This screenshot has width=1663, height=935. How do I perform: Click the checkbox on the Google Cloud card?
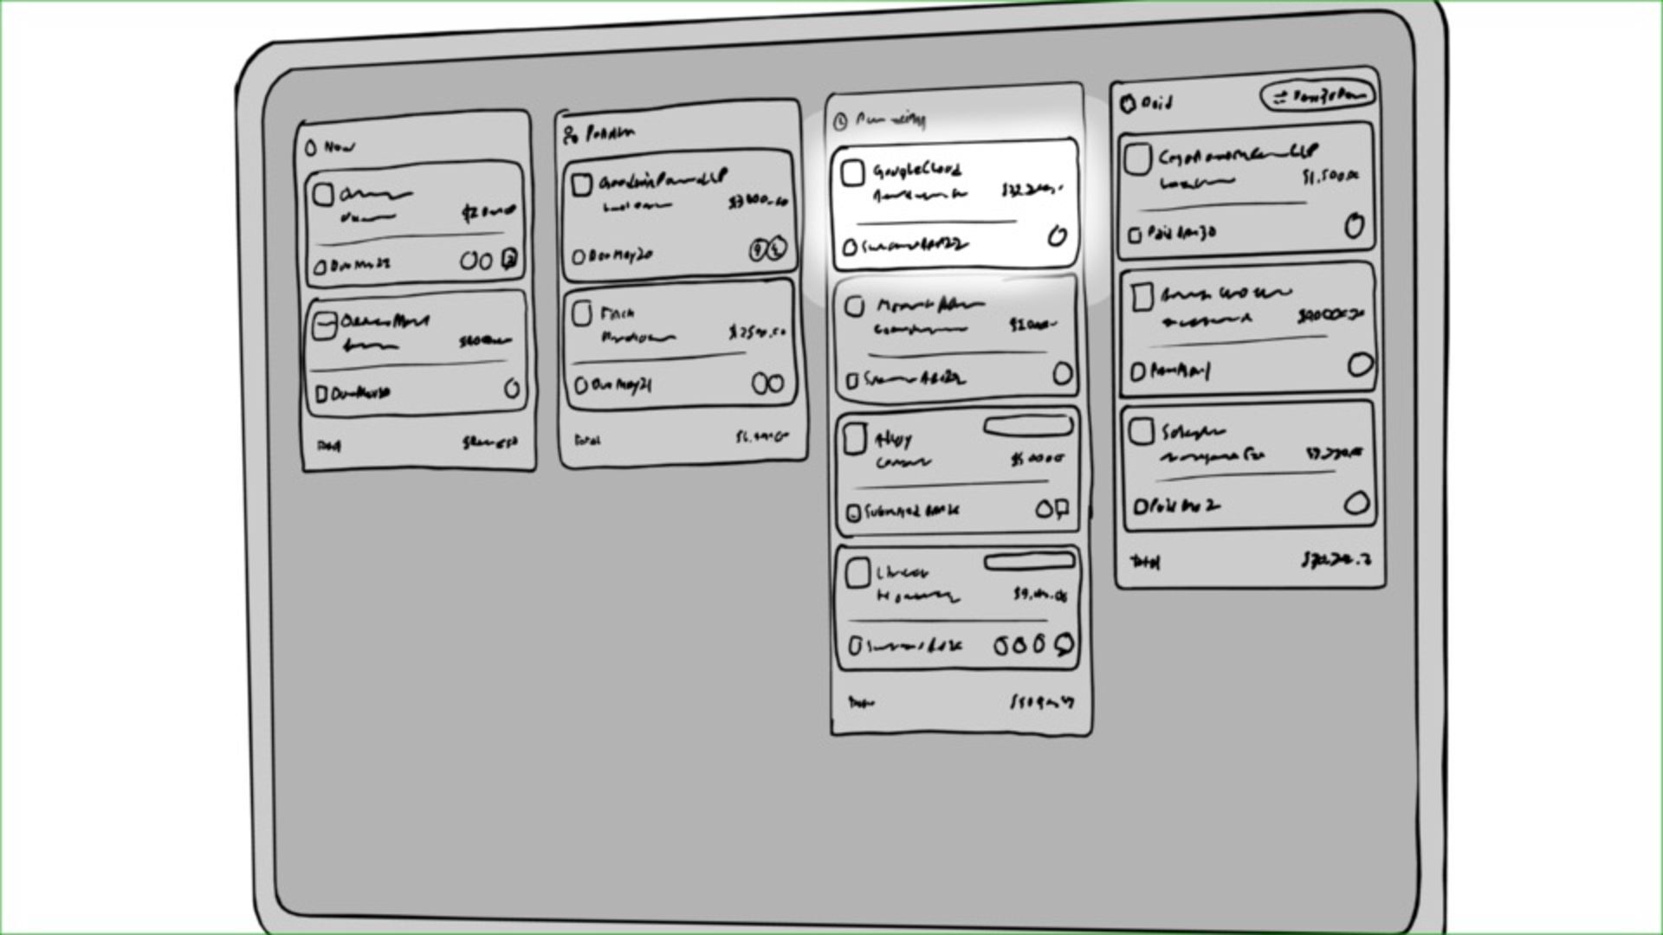pyautogui.click(x=852, y=173)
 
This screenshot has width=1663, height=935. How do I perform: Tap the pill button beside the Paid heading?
pyautogui.click(x=1317, y=96)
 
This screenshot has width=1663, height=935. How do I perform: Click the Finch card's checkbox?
pyautogui.click(x=582, y=313)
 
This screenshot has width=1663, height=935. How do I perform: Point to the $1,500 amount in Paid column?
pyautogui.click(x=1330, y=177)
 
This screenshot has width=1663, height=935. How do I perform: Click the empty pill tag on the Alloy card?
pyautogui.click(x=1028, y=427)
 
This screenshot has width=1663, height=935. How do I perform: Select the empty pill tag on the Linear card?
pyautogui.click(x=1029, y=563)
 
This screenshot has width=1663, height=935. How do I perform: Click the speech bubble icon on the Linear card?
pyautogui.click(x=1064, y=644)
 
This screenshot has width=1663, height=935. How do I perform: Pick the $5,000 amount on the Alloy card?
pyautogui.click(x=1037, y=459)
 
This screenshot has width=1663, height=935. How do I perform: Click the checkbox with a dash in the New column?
pyautogui.click(x=324, y=326)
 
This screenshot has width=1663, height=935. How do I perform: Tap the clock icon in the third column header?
pyautogui.click(x=839, y=122)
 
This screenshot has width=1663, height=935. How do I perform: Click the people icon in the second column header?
pyautogui.click(x=570, y=135)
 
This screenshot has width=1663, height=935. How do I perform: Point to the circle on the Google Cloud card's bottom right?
pyautogui.click(x=1057, y=235)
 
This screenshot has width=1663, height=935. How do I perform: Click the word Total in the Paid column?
pyautogui.click(x=1145, y=563)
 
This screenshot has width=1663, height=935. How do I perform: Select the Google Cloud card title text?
pyautogui.click(x=916, y=170)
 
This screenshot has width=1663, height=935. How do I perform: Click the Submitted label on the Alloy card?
pyautogui.click(x=911, y=512)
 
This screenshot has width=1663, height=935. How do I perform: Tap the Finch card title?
pyautogui.click(x=617, y=313)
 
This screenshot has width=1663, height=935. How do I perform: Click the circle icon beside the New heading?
pyautogui.click(x=311, y=148)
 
